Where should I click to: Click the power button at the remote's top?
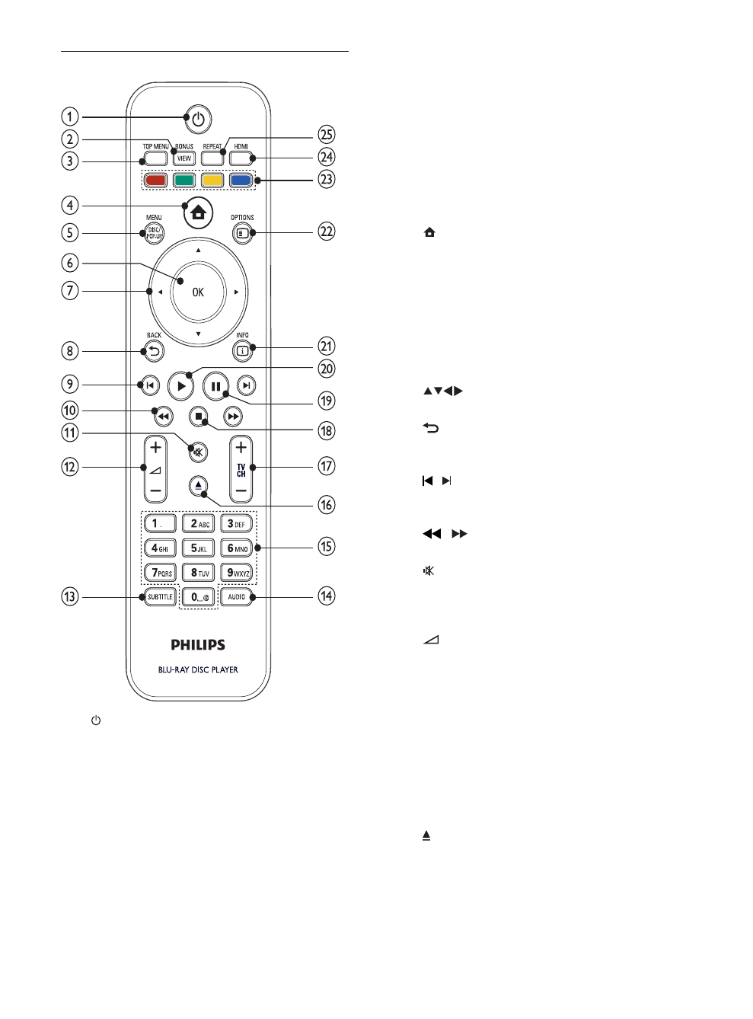(198, 119)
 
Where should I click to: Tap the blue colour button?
(241, 181)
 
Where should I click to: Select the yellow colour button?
(212, 181)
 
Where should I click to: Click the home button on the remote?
(198, 212)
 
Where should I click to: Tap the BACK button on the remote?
(155, 351)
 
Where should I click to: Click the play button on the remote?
(181, 386)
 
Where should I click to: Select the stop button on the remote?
(199, 417)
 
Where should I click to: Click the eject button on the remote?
(198, 484)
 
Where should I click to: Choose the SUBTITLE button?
(160, 596)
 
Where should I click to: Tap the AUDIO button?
(237, 596)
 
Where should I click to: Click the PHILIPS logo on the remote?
(198, 645)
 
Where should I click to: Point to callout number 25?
(327, 135)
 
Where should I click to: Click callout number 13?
(70, 596)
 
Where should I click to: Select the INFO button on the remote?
(241, 351)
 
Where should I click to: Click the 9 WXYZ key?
(238, 572)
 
